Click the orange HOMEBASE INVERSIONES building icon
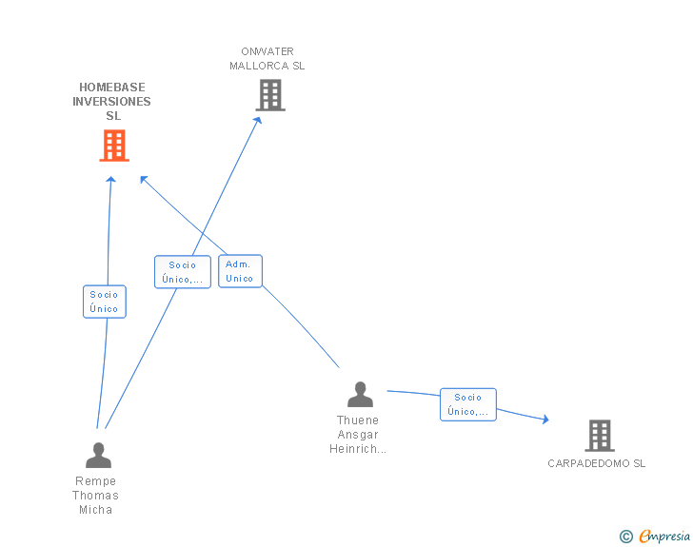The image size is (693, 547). coord(114,146)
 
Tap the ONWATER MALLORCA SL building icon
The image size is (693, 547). coord(270,95)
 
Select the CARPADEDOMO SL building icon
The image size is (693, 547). coord(599,436)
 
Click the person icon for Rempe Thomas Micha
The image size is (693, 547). coord(98,456)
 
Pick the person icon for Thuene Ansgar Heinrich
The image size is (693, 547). coord(360,395)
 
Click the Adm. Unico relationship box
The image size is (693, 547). coord(240,271)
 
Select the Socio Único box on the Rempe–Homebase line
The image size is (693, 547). coord(104,302)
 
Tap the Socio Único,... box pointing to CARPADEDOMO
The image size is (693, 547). coord(467,404)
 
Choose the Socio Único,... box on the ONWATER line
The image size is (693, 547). coord(182,272)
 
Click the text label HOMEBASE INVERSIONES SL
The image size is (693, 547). coord(113,102)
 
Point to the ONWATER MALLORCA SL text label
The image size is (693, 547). coord(267,59)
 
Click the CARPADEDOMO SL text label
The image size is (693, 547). coord(596,464)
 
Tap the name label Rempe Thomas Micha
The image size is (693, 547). coord(96,496)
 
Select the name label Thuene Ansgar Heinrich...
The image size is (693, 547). coord(358,435)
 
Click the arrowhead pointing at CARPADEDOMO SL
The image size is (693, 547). coord(544,419)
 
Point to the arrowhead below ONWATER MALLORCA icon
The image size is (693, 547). coord(257,120)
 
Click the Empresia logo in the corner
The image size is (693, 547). coord(663,537)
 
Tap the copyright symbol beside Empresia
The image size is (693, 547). coord(625,537)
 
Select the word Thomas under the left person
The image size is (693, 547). coord(96,496)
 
